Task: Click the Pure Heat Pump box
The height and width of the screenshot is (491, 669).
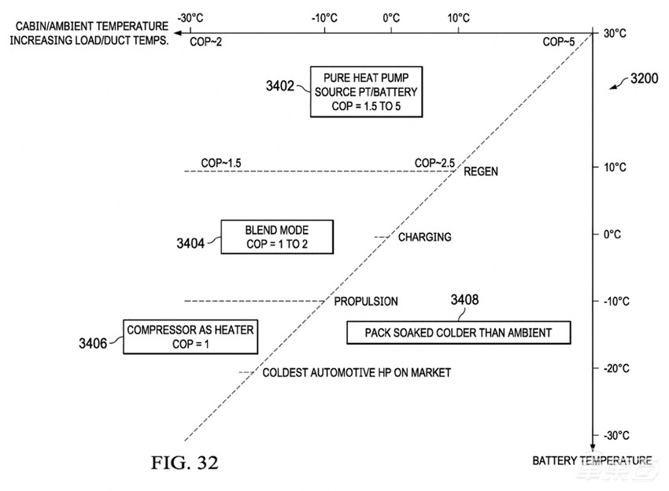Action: click(364, 91)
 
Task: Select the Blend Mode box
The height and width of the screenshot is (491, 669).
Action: click(277, 237)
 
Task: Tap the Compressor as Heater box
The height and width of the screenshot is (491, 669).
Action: click(190, 337)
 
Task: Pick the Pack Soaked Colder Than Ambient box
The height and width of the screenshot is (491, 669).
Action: click(458, 333)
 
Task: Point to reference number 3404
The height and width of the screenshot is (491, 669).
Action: click(190, 244)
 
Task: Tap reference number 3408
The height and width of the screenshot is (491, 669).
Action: click(464, 300)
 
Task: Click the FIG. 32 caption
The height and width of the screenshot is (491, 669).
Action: click(184, 462)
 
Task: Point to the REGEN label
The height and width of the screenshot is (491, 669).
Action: click(481, 172)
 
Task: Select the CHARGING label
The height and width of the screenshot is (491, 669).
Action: click(424, 237)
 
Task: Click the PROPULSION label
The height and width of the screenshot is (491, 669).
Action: click(366, 301)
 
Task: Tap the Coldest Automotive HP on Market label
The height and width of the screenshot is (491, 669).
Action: click(357, 373)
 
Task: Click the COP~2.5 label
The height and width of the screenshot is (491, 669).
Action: click(434, 163)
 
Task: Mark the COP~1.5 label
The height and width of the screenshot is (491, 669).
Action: click(221, 163)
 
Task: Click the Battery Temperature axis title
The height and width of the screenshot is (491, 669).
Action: click(592, 460)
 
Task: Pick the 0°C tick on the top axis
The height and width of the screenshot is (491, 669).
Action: click(391, 17)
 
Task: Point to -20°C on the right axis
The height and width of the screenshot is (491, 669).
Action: click(615, 368)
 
